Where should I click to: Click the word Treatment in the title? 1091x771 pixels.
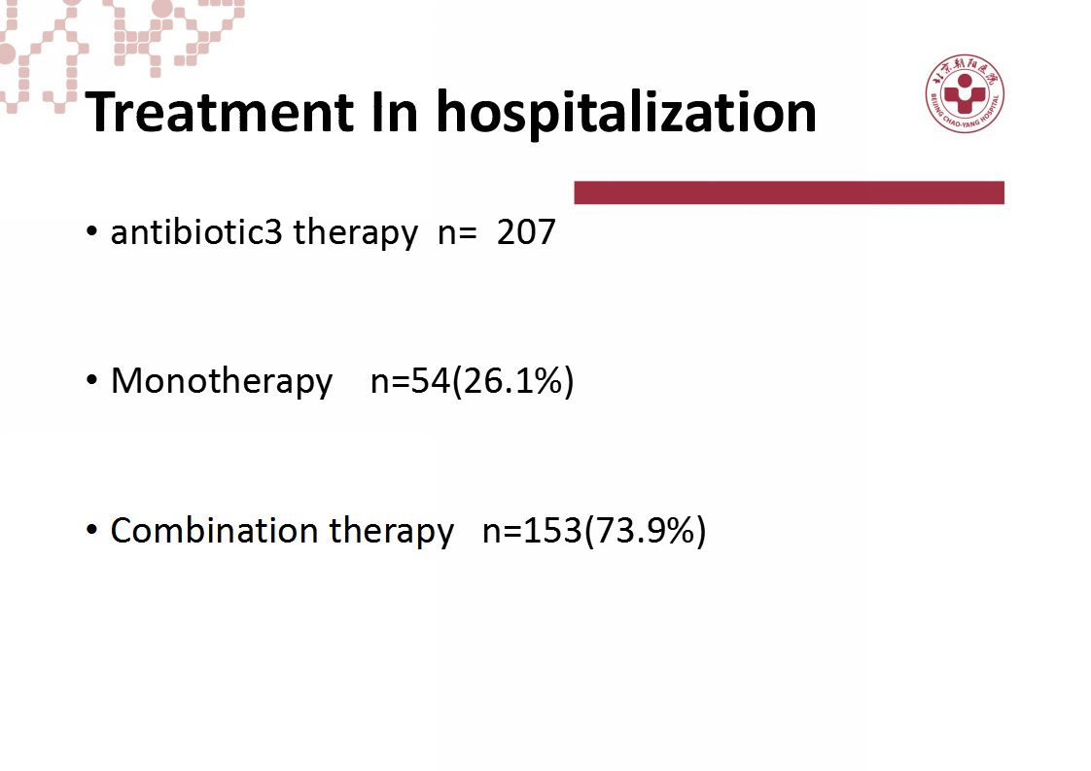(x=220, y=112)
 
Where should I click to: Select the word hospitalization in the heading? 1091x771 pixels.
(x=626, y=114)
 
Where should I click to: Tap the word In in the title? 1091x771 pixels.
(x=395, y=112)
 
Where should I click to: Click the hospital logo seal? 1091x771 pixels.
(x=965, y=93)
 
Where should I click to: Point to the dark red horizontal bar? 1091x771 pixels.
(x=789, y=193)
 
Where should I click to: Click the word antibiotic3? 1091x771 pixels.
(x=196, y=231)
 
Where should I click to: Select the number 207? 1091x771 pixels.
(x=526, y=232)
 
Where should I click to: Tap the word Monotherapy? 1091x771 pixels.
(x=222, y=381)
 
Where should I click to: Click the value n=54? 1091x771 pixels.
(x=410, y=381)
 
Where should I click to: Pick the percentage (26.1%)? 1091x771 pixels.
(x=512, y=381)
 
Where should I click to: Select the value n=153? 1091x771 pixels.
(x=532, y=531)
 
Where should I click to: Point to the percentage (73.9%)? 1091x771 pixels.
(x=645, y=531)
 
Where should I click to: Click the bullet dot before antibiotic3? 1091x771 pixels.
(x=91, y=231)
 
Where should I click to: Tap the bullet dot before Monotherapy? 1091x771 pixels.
(x=91, y=380)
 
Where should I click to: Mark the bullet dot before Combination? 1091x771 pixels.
(x=91, y=530)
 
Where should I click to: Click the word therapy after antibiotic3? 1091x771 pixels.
(x=356, y=232)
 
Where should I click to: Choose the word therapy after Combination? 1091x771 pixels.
(x=392, y=532)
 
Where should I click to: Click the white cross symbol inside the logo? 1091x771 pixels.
(x=965, y=95)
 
